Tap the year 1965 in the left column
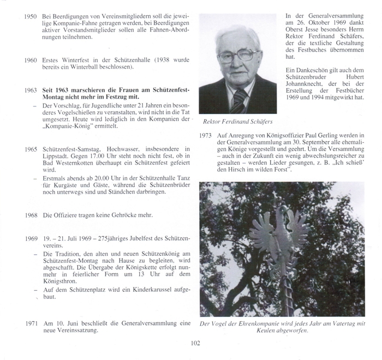pos(31,148)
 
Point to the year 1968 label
pos(31,215)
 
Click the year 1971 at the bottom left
pos(31,323)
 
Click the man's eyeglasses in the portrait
pos(238,56)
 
